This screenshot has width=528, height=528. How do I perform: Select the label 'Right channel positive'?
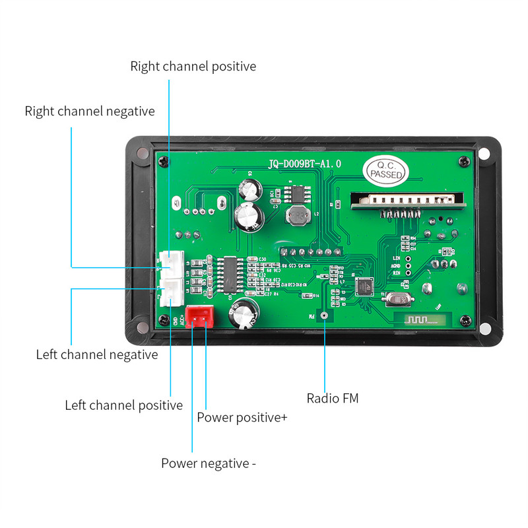point(193,66)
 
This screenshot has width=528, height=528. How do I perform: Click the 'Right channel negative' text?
point(90,111)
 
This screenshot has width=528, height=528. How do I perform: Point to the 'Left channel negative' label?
point(97,354)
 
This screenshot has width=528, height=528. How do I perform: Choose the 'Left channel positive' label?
point(123,405)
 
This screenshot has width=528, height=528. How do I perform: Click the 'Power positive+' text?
point(242,417)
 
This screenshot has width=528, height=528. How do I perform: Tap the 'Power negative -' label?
point(209,463)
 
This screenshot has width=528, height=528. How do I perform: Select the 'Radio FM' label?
point(332,398)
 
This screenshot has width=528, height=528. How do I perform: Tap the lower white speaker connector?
point(171,292)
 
